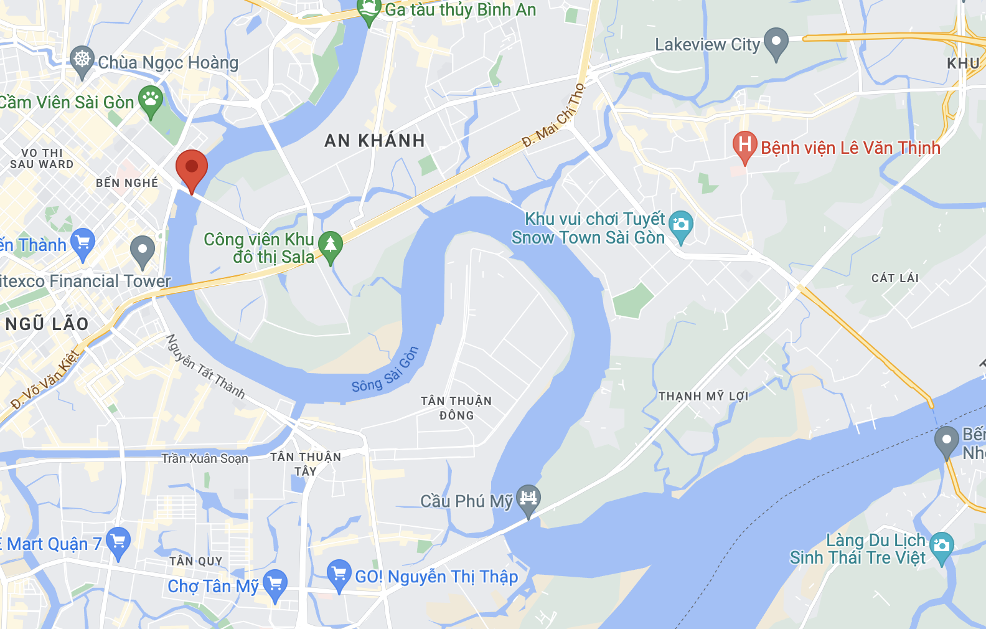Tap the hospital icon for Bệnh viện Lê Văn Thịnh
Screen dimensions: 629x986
click(x=744, y=146)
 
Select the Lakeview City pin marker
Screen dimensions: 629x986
click(x=776, y=42)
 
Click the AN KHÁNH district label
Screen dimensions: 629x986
click(x=375, y=141)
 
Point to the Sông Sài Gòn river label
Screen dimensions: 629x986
click(x=385, y=371)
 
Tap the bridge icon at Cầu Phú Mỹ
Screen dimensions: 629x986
click(x=528, y=499)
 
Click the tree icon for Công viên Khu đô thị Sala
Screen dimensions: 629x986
click(x=330, y=245)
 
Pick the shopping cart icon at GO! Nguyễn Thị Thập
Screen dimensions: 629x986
click(x=339, y=574)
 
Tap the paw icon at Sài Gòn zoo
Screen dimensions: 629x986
click(x=151, y=99)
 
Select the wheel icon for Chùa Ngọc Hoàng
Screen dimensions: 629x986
click(x=82, y=60)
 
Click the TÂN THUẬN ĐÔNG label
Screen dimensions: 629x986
click(x=456, y=408)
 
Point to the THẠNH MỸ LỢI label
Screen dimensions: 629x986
click(x=703, y=396)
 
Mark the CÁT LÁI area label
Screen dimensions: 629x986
click(x=894, y=278)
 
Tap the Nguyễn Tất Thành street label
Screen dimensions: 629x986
click(x=205, y=367)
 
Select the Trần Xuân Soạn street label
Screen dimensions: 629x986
click(x=205, y=459)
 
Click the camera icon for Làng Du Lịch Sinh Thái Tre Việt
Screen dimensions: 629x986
click(x=941, y=546)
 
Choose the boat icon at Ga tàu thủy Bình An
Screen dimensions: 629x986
click(x=369, y=10)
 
